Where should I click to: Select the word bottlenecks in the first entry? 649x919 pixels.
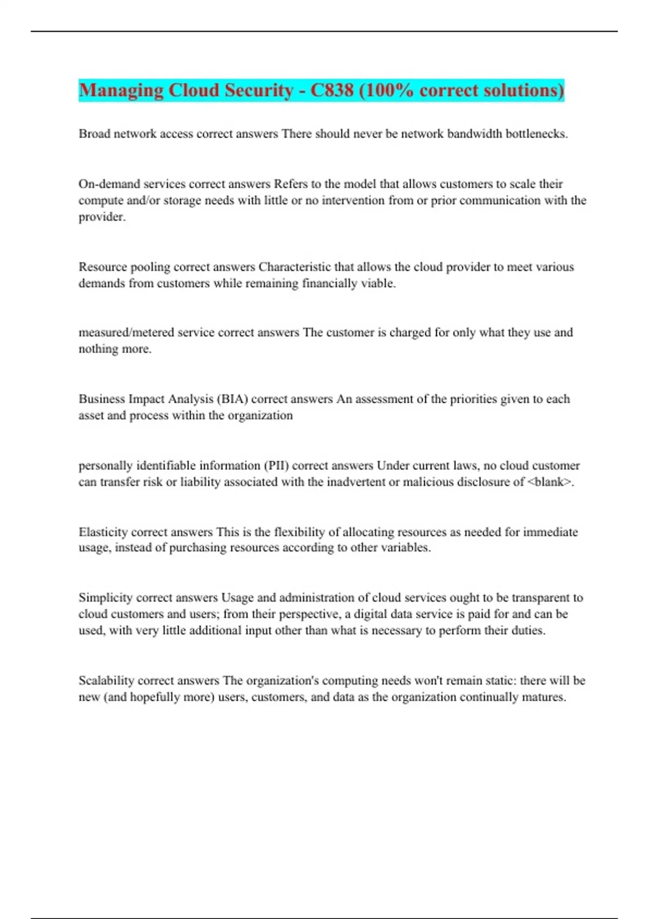point(535,134)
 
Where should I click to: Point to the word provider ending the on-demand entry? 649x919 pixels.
point(101,217)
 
